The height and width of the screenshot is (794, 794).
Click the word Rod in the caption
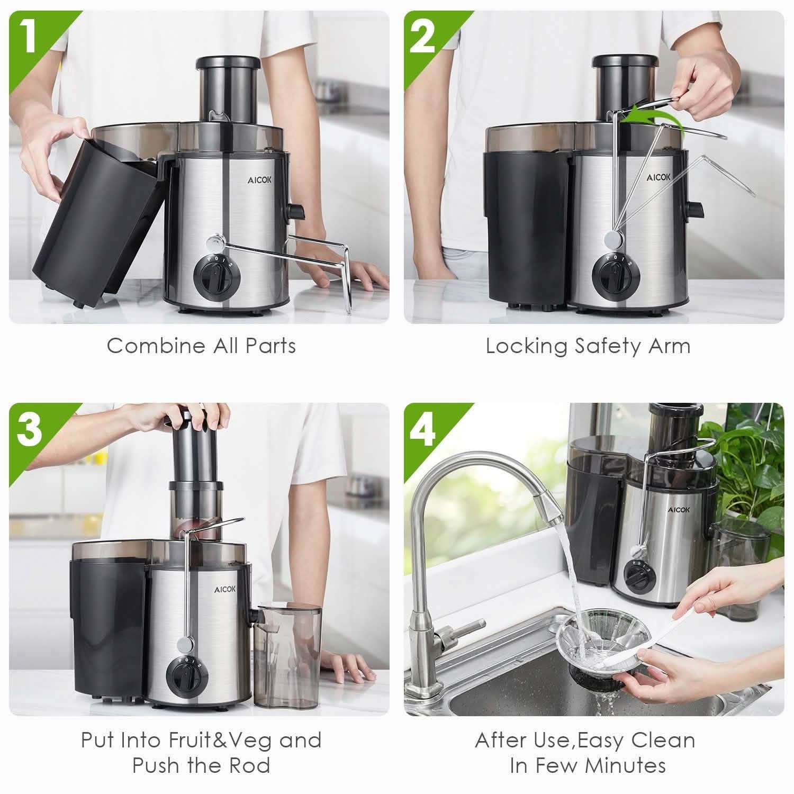point(251,765)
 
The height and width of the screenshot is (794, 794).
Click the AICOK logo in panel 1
point(260,180)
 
